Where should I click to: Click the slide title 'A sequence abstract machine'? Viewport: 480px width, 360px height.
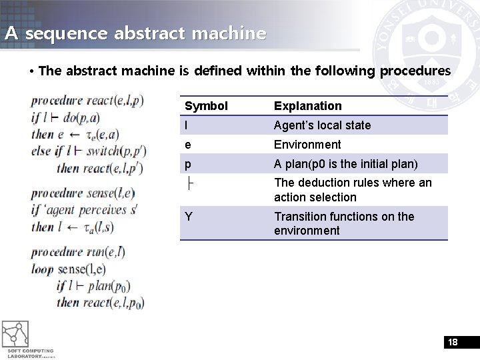[x=135, y=33]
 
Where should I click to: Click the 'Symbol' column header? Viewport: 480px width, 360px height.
[x=206, y=106]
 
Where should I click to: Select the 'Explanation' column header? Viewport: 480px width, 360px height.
[x=307, y=106]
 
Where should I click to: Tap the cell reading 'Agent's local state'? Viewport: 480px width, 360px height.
[x=322, y=125]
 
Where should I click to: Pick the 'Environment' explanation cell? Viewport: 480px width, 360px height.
[x=307, y=145]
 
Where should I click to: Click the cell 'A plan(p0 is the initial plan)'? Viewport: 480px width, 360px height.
[x=346, y=164]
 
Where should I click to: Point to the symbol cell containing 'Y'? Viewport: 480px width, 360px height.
[x=189, y=217]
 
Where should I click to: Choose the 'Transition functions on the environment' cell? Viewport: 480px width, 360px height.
[x=344, y=223]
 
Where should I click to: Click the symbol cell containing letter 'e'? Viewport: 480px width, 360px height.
[x=188, y=145]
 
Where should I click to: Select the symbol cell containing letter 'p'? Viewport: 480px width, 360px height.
[x=188, y=164]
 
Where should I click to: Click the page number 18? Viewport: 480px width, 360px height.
[x=453, y=343]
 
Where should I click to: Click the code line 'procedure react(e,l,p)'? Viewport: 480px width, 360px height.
[x=87, y=101]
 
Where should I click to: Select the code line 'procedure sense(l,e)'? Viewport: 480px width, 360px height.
[x=83, y=193]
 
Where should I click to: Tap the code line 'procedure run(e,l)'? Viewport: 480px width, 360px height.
[x=78, y=252]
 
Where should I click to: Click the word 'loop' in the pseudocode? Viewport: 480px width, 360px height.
[x=42, y=269]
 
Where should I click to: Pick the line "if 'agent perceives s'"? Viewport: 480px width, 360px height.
[x=84, y=210]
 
